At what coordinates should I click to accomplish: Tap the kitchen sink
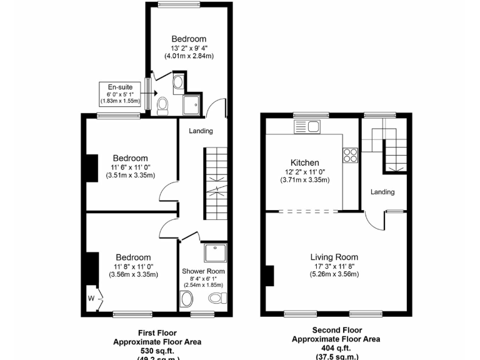[307, 126]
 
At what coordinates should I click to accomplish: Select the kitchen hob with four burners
[349, 156]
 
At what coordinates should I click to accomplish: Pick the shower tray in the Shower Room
[215, 253]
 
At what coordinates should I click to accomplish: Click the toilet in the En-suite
[162, 105]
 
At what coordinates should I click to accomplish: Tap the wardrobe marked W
[92, 297]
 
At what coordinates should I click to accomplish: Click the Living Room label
[334, 257]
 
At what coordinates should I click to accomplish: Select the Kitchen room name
[304, 162]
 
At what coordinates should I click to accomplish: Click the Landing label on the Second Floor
[382, 192]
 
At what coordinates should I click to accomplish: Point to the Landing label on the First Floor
[201, 131]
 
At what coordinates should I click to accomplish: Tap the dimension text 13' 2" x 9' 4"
[189, 48]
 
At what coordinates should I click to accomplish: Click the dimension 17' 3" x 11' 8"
[334, 266]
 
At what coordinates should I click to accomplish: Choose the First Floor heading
[157, 333]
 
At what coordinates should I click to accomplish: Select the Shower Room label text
[203, 271]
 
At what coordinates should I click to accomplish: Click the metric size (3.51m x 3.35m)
[130, 176]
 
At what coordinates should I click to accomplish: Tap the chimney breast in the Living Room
[269, 276]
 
